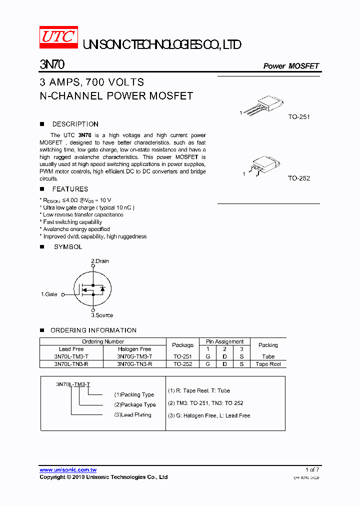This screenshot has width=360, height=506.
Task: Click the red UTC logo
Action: pyautogui.click(x=58, y=37)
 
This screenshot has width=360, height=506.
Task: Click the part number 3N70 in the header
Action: pyautogui.click(x=51, y=65)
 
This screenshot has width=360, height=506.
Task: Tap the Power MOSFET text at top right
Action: pyautogui.click(x=291, y=66)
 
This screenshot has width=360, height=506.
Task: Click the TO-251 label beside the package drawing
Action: pyautogui.click(x=299, y=117)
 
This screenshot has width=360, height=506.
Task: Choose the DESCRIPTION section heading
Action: pyautogui.click(x=75, y=124)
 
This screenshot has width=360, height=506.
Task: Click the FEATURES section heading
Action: pyautogui.click(x=70, y=189)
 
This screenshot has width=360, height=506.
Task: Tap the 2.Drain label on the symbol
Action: pyautogui.click(x=100, y=261)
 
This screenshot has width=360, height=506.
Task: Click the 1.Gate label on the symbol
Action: pyautogui.click(x=49, y=294)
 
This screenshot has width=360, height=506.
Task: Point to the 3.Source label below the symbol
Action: pyautogui.click(x=102, y=315)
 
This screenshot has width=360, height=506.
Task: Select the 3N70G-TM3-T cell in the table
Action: pyautogui.click(x=134, y=356)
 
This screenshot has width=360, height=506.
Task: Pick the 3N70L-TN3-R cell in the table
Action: pyautogui.click(x=71, y=364)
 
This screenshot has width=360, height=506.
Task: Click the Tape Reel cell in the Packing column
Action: pyautogui.click(x=268, y=364)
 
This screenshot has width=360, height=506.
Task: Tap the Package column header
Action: pyautogui.click(x=182, y=345)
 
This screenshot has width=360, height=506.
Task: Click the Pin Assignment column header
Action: pyautogui.click(x=225, y=341)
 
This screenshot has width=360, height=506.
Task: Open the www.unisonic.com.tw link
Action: pyautogui.click(x=68, y=470)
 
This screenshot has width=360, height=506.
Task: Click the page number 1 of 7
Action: pyautogui.click(x=312, y=469)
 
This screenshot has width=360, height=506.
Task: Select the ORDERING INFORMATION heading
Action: pyautogui.click(x=93, y=330)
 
